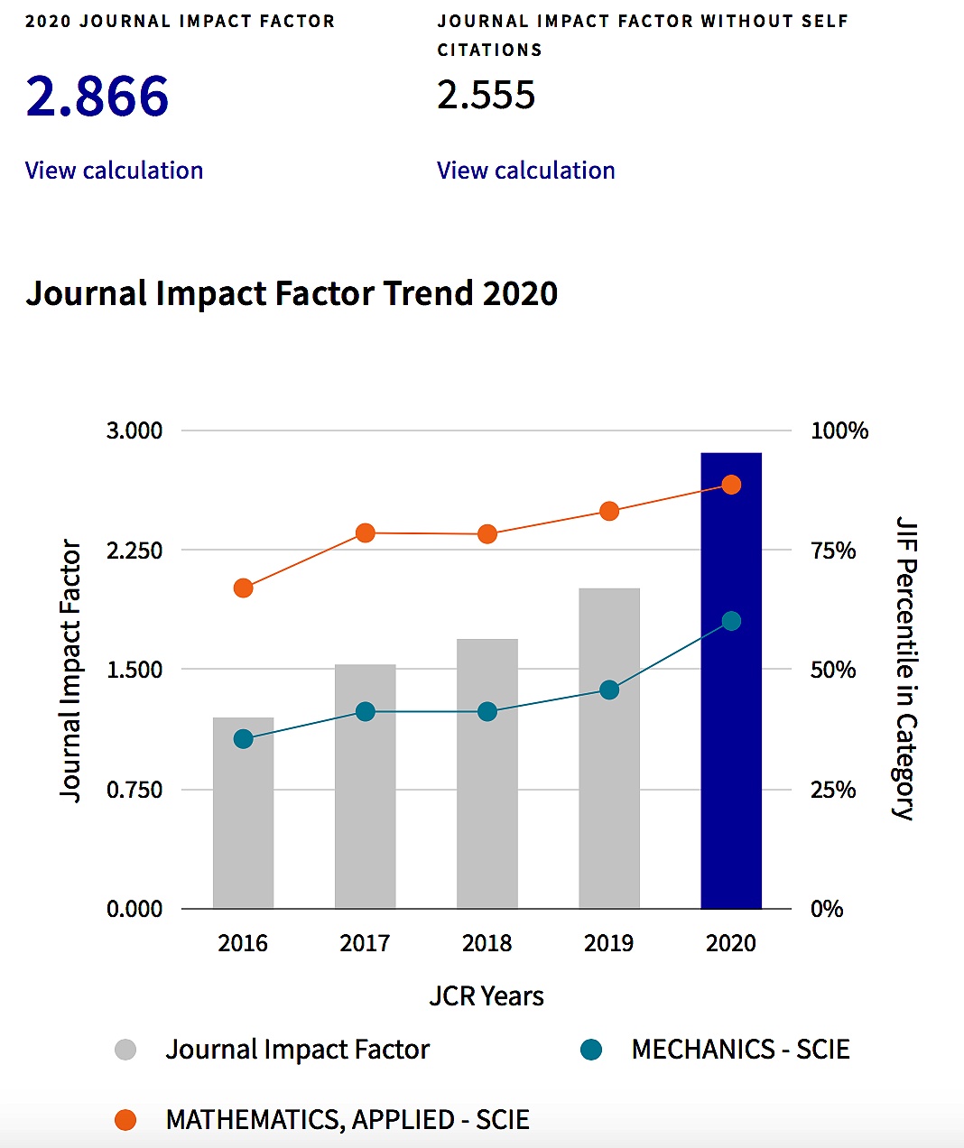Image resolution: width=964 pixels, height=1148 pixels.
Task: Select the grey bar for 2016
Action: coord(243,830)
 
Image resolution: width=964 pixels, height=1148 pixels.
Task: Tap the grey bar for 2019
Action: coord(609,794)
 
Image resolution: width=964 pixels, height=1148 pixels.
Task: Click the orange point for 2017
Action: coord(366,533)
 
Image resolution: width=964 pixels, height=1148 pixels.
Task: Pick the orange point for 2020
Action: coord(731,485)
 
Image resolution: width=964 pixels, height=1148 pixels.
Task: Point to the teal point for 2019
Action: coord(609,690)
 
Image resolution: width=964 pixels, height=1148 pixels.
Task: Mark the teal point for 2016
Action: coord(243,739)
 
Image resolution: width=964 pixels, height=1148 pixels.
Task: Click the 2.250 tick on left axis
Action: coord(134,551)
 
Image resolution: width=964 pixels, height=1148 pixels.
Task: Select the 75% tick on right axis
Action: coord(833,551)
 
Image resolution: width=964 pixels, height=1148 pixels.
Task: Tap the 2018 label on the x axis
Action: coord(487,943)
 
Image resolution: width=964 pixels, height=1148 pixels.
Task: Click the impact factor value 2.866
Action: coord(97,97)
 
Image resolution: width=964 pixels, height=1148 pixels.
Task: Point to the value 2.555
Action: coord(487,96)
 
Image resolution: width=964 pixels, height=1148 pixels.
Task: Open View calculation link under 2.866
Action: coord(114,171)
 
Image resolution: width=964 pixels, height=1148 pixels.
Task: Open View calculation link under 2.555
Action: coord(526,171)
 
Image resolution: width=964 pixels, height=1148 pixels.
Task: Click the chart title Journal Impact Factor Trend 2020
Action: coord(292,293)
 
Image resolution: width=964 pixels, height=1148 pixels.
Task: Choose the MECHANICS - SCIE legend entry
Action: coord(740,1050)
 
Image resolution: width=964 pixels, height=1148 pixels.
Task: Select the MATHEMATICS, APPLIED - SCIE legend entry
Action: coord(348,1120)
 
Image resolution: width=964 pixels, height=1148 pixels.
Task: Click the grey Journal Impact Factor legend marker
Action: coord(125,1050)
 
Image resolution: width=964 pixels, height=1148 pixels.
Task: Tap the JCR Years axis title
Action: coord(487,996)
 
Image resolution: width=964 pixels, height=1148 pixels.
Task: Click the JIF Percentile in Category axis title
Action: coord(905,668)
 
